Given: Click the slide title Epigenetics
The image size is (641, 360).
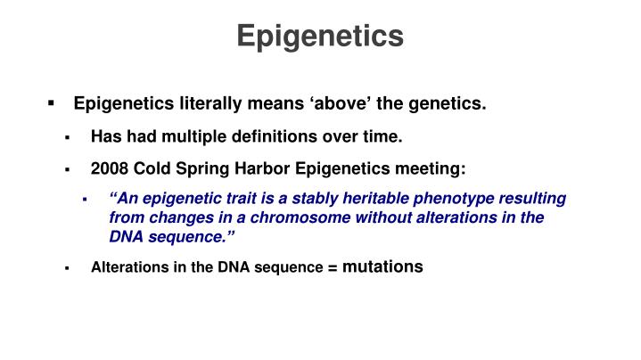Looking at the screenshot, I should pos(320,36).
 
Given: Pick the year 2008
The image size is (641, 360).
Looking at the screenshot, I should pos(108,168).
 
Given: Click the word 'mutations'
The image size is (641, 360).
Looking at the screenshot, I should pos(383,266).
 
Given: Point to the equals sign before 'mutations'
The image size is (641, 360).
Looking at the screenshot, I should pos(333,267).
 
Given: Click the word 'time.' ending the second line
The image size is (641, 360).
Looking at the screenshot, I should pos(385,137).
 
